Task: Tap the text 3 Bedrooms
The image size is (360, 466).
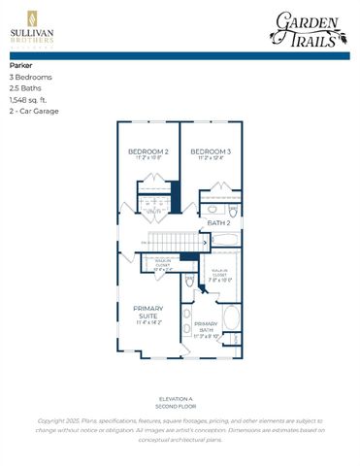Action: coord(31,77)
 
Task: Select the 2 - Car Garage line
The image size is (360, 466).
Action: coord(35,112)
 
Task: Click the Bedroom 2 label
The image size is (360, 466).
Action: coord(148,153)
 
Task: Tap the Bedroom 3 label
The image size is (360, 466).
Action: coord(211,153)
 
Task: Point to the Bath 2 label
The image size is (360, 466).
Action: coord(219,222)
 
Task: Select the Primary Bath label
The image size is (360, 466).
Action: coord(206,326)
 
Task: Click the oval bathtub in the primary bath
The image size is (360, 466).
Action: coord(233,319)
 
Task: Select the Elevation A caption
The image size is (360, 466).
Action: coord(179,398)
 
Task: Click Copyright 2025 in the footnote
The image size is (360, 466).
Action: coord(58,419)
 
